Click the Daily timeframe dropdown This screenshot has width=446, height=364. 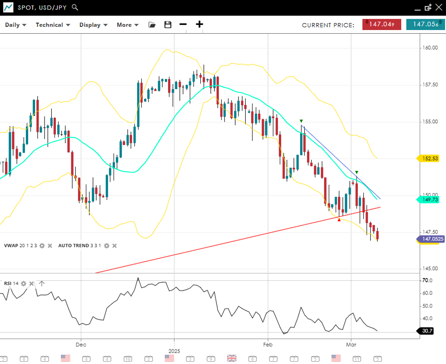click(15, 25)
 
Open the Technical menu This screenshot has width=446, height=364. click(53, 25)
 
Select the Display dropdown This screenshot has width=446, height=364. click(93, 25)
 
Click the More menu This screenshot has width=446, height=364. click(127, 25)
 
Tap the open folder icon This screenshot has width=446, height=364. click(152, 25)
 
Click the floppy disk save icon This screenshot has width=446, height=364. click(168, 25)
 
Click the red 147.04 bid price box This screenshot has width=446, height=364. click(382, 25)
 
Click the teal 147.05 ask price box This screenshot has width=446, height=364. click(426, 25)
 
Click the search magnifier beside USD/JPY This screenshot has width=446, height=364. click(75, 7)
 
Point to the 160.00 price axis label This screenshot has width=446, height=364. click(430, 48)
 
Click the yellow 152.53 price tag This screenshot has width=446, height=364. click(429, 158)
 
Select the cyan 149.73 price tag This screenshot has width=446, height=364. click(429, 199)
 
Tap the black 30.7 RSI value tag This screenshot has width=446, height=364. click(427, 331)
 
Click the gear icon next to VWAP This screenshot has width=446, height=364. click(42, 246)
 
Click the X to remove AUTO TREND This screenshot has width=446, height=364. click(114, 246)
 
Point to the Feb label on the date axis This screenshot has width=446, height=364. click(267, 345)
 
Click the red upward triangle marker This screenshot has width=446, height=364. click(339, 219)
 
